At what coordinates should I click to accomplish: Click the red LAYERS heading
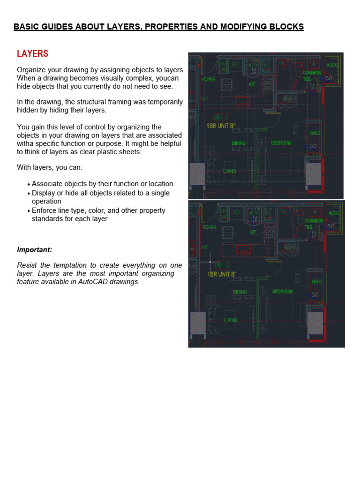[32, 54]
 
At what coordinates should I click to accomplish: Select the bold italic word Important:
[34, 250]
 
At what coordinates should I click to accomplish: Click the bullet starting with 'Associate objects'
[102, 184]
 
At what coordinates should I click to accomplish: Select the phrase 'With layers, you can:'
[50, 167]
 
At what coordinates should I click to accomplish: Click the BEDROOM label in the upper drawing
[281, 143]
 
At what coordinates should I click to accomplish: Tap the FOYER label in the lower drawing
[209, 227]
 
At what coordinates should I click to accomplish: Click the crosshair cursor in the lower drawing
[210, 262]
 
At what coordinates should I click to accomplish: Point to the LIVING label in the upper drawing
[230, 171]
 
